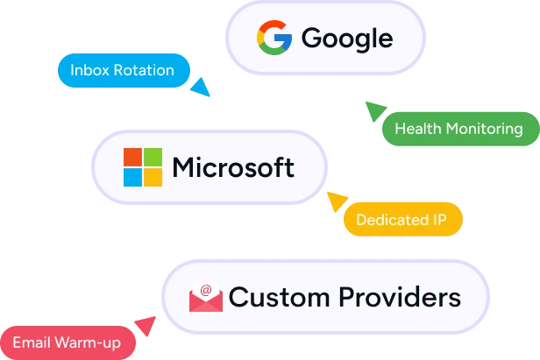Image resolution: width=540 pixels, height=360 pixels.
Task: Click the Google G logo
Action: (274, 38)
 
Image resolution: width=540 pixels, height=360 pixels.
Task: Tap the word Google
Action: (347, 39)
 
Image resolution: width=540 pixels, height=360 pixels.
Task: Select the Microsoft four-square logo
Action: (143, 167)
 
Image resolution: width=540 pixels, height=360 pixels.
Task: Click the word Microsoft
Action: (233, 167)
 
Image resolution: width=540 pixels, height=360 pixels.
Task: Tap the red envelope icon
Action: (206, 298)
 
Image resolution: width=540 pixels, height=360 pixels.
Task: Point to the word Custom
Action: (279, 297)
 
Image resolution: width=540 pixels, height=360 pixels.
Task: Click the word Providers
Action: (400, 297)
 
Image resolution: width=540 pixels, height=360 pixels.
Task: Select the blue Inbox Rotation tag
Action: (124, 71)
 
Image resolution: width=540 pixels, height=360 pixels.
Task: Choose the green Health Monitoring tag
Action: (461, 129)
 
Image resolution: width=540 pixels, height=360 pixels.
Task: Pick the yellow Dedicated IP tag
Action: (403, 219)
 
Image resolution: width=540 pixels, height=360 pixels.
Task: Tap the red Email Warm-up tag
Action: (67, 342)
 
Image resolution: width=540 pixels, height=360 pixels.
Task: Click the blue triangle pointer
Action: (202, 88)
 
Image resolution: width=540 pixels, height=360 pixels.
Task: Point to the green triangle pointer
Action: (374, 110)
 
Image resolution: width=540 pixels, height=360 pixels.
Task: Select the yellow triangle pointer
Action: (336, 201)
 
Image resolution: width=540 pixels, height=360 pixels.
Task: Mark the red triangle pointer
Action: (146, 325)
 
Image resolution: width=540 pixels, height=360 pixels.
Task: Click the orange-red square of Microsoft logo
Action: (132, 158)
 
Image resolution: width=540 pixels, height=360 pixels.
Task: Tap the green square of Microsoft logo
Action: (153, 158)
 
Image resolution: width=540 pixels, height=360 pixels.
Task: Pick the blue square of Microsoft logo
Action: (132, 177)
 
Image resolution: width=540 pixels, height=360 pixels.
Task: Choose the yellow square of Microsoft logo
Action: (153, 177)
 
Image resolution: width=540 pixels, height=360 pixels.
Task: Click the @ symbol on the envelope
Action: (206, 290)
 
